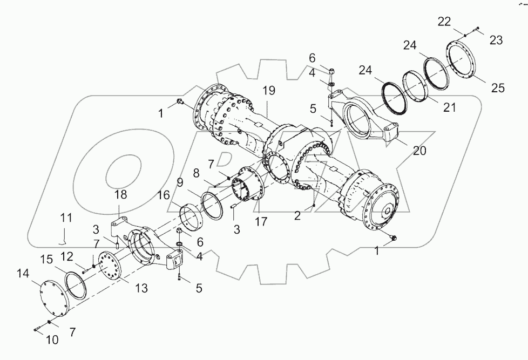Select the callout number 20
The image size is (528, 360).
click(419, 151)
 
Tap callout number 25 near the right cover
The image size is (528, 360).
click(498, 88)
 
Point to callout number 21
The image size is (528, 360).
click(449, 107)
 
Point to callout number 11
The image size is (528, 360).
click(65, 219)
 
